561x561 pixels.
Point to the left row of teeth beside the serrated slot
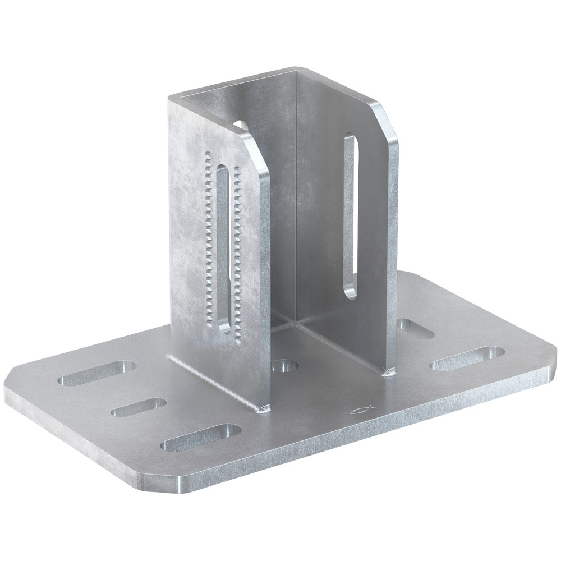[x=209, y=241]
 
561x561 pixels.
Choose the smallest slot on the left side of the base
[x=139, y=407]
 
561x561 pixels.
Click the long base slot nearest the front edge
[x=200, y=437]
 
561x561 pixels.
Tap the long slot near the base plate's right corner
[x=467, y=358]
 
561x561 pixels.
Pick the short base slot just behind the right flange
[x=415, y=329]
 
